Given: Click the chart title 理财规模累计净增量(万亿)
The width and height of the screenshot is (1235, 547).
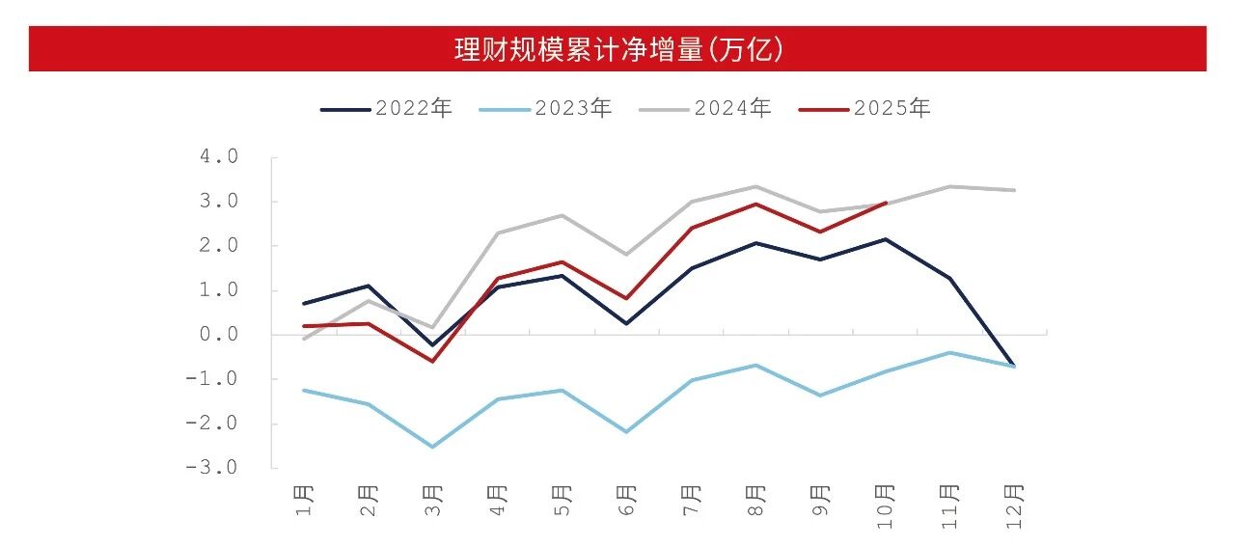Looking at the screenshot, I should pyautogui.click(x=617, y=49).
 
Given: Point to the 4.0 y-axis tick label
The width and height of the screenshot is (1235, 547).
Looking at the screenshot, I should pyautogui.click(x=219, y=157).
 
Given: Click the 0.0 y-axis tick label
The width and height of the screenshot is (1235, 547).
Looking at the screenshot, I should pyautogui.click(x=219, y=335).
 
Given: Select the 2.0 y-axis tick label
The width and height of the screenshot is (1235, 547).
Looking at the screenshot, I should pyautogui.click(x=219, y=246).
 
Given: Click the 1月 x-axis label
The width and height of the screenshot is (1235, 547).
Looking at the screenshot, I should pyautogui.click(x=305, y=500).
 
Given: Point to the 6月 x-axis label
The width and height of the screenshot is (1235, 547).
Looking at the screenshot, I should pyautogui.click(x=627, y=500).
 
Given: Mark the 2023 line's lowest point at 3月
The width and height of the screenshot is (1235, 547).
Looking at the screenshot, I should pyautogui.click(x=432, y=447).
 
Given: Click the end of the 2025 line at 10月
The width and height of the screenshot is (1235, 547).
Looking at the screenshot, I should pyautogui.click(x=885, y=203).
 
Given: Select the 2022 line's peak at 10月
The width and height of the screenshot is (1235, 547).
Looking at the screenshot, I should pyautogui.click(x=885, y=239).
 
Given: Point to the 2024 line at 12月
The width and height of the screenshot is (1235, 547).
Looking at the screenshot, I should pyautogui.click(x=1014, y=190).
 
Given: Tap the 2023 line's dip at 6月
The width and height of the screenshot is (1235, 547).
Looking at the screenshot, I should pyautogui.click(x=627, y=431).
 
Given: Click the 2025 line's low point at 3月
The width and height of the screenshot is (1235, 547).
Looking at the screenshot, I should pyautogui.click(x=432, y=361).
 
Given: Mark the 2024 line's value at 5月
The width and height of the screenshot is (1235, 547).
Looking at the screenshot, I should pyautogui.click(x=563, y=215).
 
